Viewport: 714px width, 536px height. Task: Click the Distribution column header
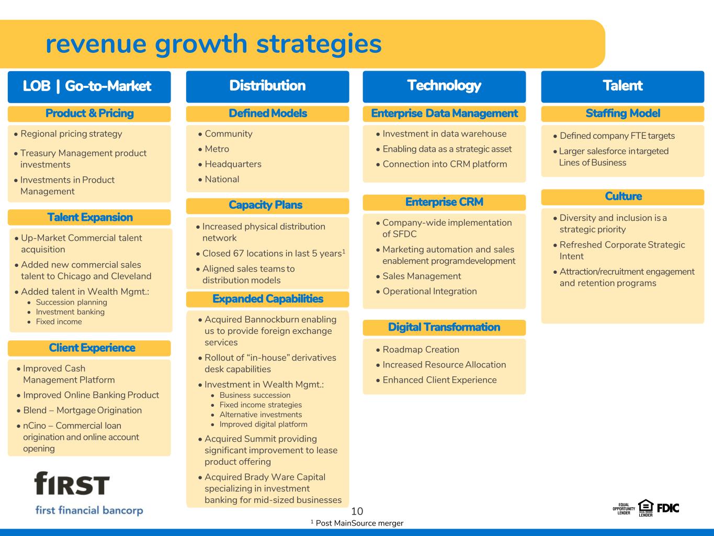tap(267, 86)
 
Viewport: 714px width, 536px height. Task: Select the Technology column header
tap(444, 86)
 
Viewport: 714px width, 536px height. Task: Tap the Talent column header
tap(622, 86)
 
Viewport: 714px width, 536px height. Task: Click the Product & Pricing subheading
tap(89, 114)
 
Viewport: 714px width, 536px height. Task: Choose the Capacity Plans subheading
tap(265, 205)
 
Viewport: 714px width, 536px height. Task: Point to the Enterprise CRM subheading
tap(444, 202)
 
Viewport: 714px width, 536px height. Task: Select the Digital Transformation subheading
tap(444, 327)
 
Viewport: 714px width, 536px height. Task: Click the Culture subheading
tap(623, 197)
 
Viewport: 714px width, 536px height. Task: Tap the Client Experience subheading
tap(92, 348)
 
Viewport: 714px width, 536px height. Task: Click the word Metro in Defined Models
tap(217, 149)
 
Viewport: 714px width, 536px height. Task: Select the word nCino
tap(35, 426)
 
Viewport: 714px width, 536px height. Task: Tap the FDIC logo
tap(668, 508)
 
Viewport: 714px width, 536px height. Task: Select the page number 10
tap(357, 511)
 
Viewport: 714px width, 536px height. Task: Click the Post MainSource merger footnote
tap(357, 523)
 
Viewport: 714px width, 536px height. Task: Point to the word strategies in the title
tap(319, 44)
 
